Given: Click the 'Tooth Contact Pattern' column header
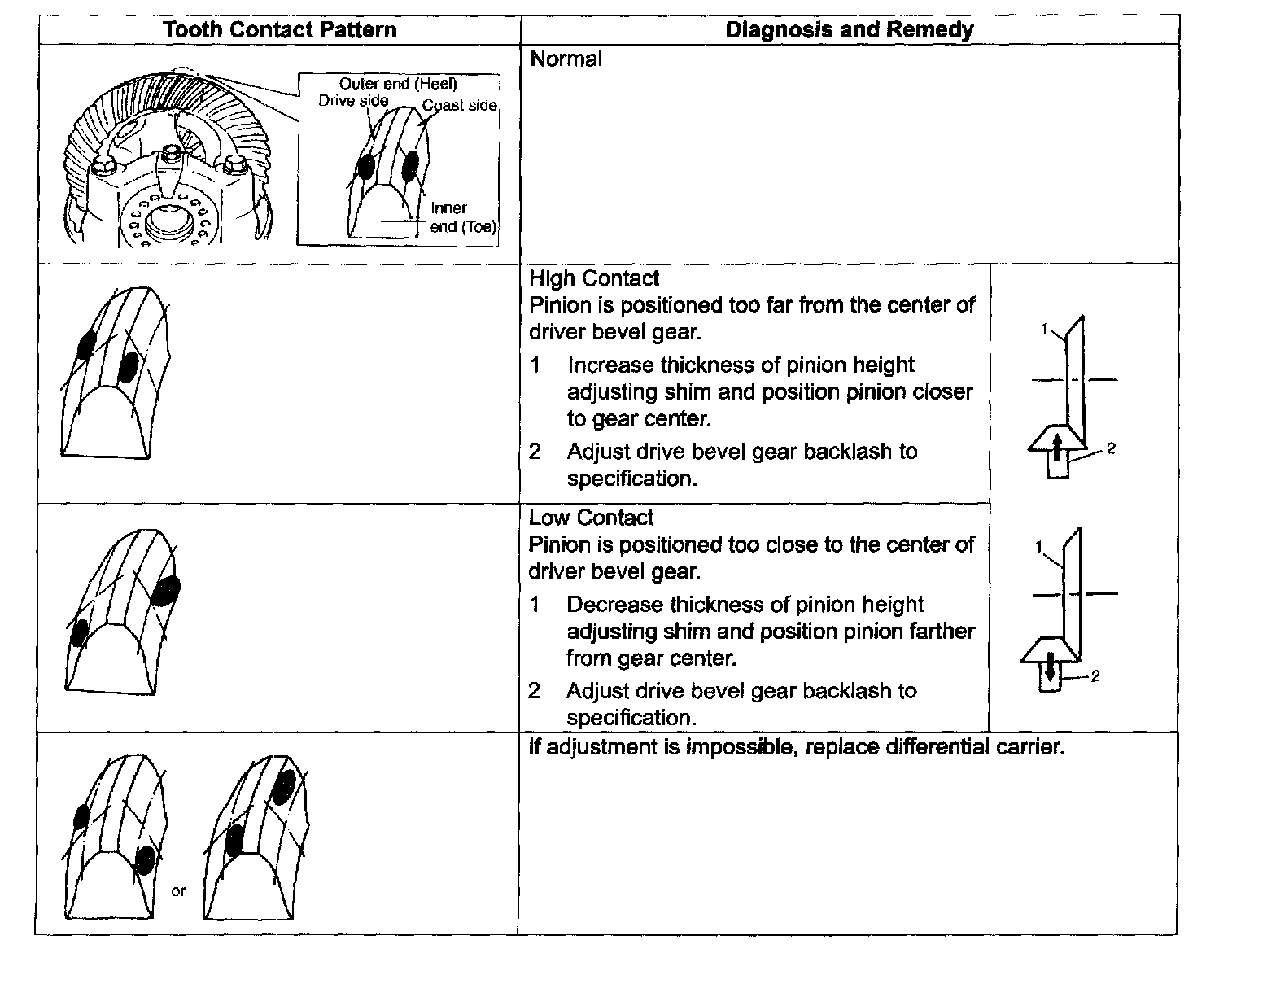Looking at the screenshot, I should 279,30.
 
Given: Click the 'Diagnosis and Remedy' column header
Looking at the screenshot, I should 849,30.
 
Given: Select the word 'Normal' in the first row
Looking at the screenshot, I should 566,59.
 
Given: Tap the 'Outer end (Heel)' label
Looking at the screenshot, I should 398,84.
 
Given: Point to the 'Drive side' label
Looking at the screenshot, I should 353,101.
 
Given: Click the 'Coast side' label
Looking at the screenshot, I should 459,106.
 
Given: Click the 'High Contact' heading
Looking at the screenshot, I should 593,278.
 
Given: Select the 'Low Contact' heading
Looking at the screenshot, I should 591,518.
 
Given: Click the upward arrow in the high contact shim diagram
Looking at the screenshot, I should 1055,448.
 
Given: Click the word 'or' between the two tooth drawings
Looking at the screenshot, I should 178,891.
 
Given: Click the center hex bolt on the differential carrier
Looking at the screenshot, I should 170,155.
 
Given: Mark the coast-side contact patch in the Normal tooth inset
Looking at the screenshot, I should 411,166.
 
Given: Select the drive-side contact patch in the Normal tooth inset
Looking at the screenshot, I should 366,166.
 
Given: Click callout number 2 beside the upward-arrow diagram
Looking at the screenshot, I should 1111,448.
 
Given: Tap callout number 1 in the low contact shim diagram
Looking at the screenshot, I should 1038,548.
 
